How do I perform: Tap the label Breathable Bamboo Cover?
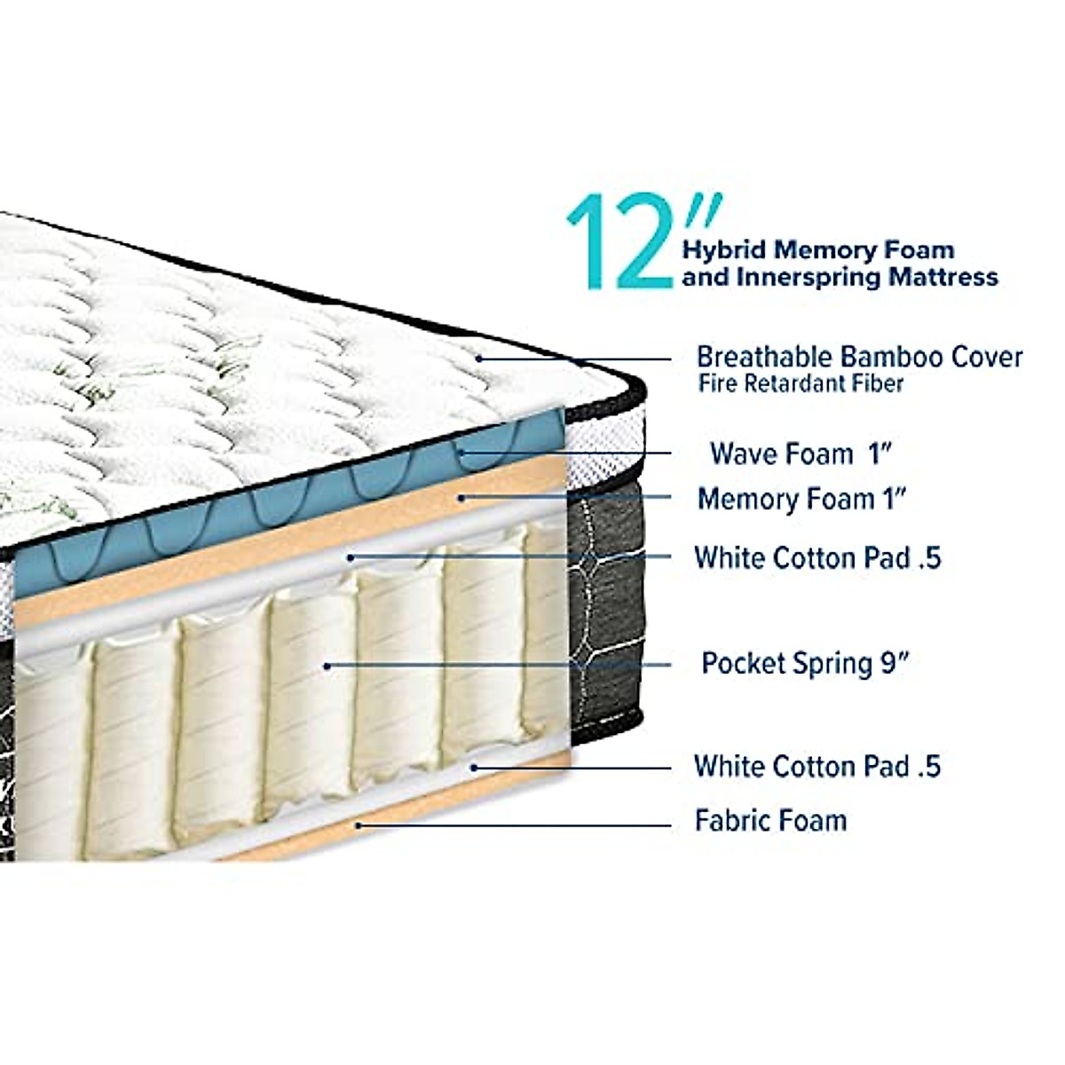(859, 357)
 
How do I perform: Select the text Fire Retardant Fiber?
(801, 384)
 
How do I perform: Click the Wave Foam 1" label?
(801, 454)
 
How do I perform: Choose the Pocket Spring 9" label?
(806, 663)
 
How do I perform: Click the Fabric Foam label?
(770, 820)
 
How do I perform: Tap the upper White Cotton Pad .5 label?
(817, 557)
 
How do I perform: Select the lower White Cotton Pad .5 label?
(817, 766)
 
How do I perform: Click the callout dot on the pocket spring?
(327, 665)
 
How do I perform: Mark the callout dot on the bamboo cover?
(478, 359)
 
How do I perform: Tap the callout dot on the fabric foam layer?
(358, 824)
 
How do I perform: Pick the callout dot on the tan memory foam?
(461, 498)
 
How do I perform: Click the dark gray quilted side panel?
(603, 603)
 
